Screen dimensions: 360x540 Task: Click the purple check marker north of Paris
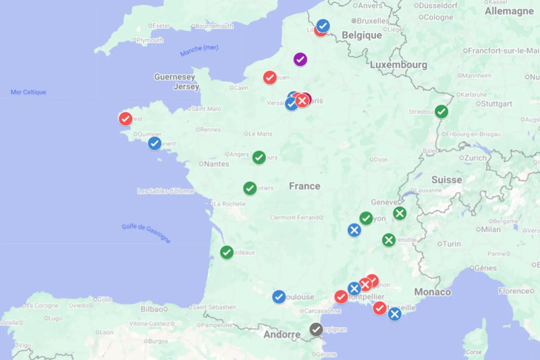point(300,59)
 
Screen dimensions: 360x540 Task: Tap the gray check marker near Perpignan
point(316,330)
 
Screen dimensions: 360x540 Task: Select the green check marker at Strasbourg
point(441,111)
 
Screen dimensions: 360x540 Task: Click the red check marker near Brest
point(126,119)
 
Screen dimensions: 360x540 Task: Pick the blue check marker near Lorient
point(155,143)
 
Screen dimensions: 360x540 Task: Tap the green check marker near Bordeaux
point(227,253)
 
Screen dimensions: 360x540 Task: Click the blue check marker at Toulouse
point(279,297)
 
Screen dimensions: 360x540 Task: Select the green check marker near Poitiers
point(250,188)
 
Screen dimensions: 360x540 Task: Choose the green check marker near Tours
point(259,157)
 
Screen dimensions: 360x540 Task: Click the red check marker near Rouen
point(269,78)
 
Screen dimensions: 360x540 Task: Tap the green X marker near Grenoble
point(389,240)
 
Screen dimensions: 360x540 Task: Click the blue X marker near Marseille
point(395,313)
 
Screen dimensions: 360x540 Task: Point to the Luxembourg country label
point(398,65)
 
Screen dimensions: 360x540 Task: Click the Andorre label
point(281,334)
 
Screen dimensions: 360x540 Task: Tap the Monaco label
point(432,292)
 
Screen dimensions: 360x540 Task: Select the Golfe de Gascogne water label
point(146,233)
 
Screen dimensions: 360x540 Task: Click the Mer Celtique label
point(28,92)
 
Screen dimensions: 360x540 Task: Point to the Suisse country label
point(447,180)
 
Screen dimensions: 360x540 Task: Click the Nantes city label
point(216,163)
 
